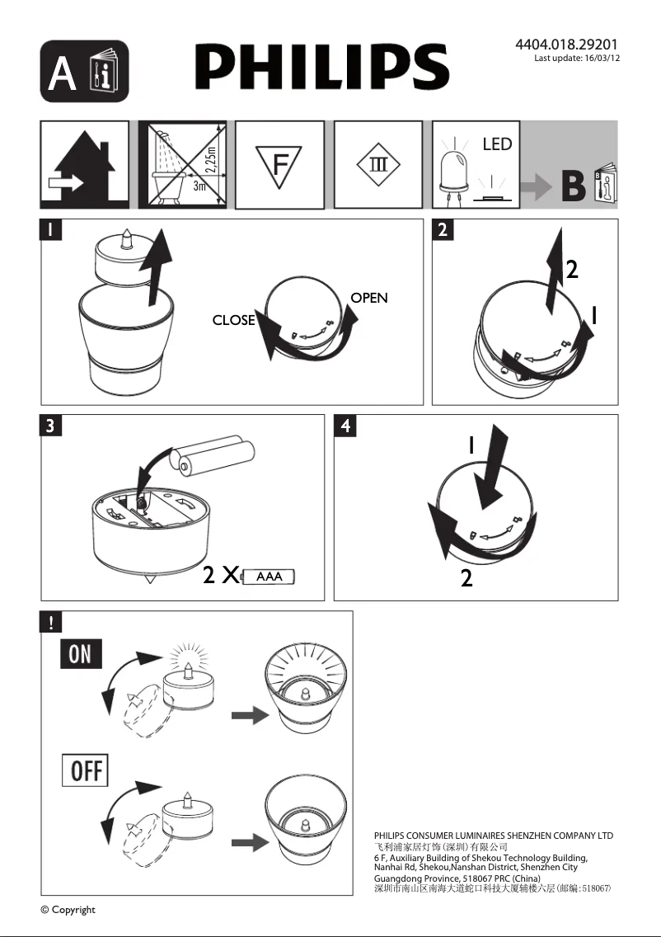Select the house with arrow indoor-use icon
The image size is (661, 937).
(x=85, y=165)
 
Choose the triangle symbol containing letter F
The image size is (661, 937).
(x=280, y=165)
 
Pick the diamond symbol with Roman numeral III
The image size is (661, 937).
(x=377, y=164)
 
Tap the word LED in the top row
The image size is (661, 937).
(x=497, y=144)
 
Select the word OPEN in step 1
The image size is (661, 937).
(x=368, y=298)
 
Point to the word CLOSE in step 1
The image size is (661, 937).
(x=233, y=320)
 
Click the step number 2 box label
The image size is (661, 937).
(x=443, y=229)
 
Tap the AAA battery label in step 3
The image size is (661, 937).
(x=270, y=577)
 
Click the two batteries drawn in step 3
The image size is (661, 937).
(x=213, y=458)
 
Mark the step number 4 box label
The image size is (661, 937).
(x=345, y=426)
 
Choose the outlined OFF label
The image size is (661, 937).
(x=85, y=770)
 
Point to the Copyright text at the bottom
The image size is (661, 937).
(x=68, y=910)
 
